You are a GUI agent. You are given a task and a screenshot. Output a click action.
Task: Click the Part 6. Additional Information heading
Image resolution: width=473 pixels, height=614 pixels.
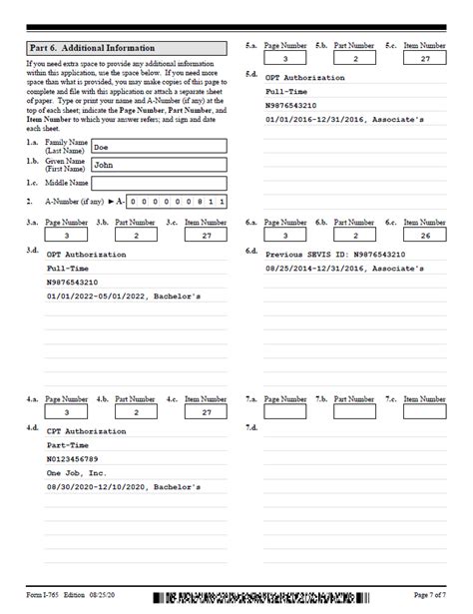92,48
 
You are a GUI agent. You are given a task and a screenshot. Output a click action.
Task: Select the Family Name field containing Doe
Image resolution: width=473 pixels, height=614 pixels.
158,146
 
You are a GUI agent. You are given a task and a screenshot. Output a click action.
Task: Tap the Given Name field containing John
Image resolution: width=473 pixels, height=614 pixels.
158,165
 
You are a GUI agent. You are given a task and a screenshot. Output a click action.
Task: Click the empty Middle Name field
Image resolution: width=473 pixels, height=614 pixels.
158,184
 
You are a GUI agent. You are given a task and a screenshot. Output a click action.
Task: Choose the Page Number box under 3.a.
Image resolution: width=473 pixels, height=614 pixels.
67,236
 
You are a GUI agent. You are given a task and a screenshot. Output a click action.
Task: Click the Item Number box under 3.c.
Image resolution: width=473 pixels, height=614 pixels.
207,236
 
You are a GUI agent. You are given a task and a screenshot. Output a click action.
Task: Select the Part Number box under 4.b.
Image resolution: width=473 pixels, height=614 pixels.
137,411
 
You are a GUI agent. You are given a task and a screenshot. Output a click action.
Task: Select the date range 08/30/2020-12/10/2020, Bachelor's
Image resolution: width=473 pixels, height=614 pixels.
124,487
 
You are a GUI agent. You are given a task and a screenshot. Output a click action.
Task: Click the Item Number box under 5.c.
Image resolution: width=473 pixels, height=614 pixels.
424,60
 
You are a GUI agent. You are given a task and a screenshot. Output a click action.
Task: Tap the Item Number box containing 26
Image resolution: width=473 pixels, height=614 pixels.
424,236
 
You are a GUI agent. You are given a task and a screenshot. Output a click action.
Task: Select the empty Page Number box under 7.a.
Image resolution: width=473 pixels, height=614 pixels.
285,411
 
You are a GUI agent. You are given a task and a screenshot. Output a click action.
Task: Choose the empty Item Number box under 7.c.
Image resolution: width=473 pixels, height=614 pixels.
424,411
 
